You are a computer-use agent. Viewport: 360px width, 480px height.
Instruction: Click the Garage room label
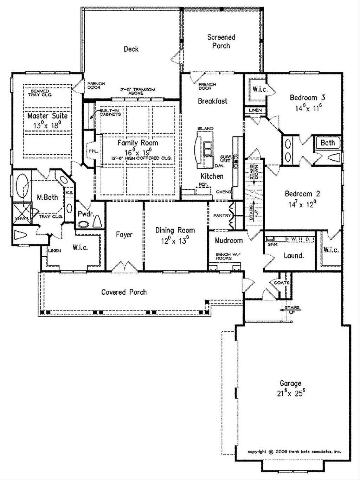pyautogui.click(x=290, y=383)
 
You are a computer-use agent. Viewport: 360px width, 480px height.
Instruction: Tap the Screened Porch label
pyautogui.click(x=221, y=41)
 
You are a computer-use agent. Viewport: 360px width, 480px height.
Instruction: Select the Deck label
pyautogui.click(x=131, y=49)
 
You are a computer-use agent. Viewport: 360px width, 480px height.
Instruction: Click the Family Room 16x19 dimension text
pyautogui.click(x=137, y=152)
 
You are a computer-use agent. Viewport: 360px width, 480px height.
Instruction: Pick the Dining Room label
pyautogui.click(x=175, y=230)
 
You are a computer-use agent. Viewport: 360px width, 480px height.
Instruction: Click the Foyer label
pyautogui.click(x=124, y=235)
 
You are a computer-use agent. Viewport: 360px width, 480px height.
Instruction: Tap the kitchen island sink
pyautogui.click(x=207, y=149)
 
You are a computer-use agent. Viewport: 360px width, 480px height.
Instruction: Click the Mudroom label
pyautogui.click(x=229, y=241)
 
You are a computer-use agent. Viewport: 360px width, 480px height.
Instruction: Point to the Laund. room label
pyautogui.click(x=294, y=256)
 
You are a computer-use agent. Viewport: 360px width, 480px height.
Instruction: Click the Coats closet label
pyautogui.click(x=282, y=283)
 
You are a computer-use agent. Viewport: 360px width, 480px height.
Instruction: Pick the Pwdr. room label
pyautogui.click(x=85, y=214)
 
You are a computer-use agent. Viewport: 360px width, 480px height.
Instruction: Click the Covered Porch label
pyautogui.click(x=124, y=292)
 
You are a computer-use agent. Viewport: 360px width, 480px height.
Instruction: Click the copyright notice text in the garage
pyautogui.click(x=294, y=452)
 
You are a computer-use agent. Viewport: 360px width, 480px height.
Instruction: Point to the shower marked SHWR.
pyautogui.click(x=21, y=213)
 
